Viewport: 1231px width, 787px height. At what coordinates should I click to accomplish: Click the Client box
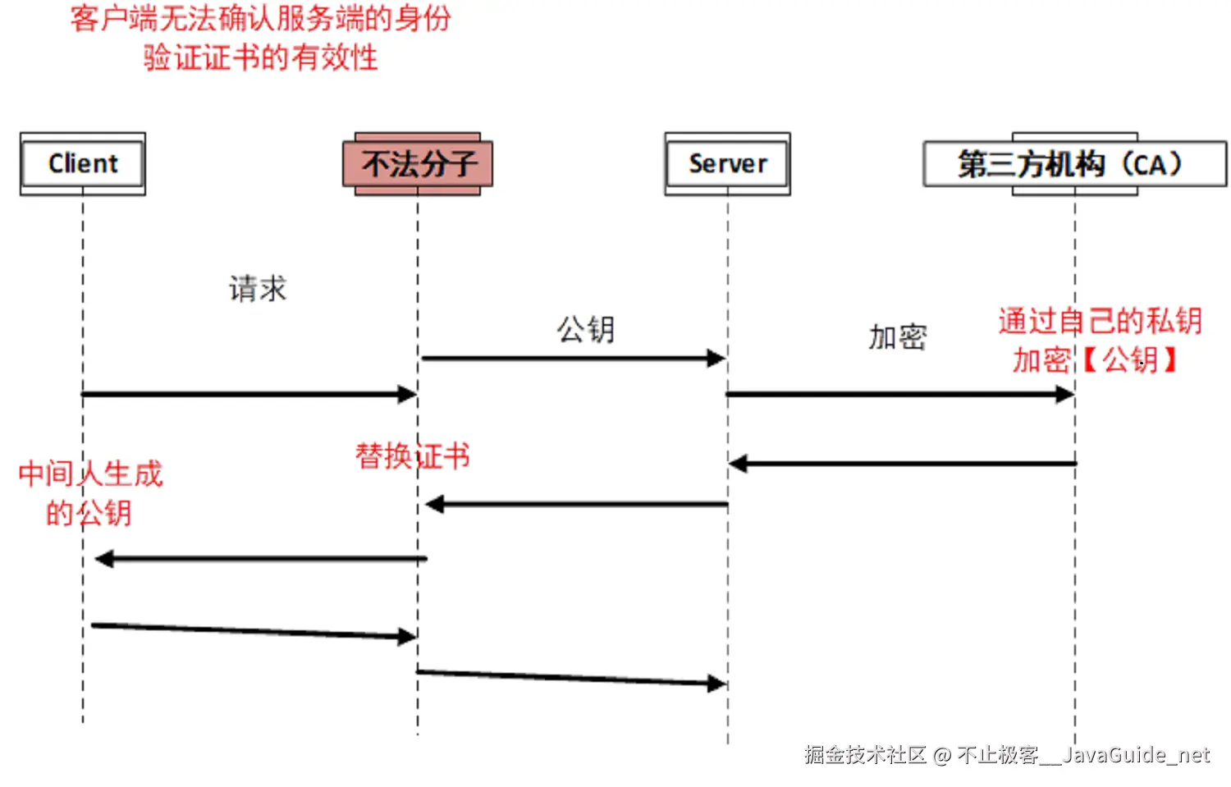[x=83, y=164]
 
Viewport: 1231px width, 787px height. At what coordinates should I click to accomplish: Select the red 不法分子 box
[x=418, y=164]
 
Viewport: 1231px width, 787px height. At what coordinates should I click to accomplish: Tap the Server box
[x=727, y=164]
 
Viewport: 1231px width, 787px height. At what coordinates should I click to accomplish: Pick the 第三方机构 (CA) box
[x=1074, y=164]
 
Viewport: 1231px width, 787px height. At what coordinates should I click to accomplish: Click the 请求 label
[x=258, y=289]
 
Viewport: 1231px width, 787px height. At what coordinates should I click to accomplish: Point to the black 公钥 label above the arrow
[x=586, y=329]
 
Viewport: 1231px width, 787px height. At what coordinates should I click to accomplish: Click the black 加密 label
[x=898, y=337]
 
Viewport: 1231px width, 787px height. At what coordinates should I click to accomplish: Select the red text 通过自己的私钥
[x=1101, y=321]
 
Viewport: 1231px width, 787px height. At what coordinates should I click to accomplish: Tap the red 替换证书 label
[x=412, y=455]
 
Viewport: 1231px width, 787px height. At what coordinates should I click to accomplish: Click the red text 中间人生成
[x=90, y=474]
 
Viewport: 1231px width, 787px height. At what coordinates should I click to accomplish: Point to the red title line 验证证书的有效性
[x=260, y=57]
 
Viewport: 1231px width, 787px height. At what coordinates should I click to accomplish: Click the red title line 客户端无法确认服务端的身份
[x=260, y=18]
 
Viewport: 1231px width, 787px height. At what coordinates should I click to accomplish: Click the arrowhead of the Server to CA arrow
[x=1065, y=395]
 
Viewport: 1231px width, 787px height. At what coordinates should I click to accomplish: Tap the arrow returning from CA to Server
[x=903, y=464]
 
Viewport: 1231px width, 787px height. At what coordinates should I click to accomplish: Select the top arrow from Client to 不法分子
[x=246, y=395]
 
